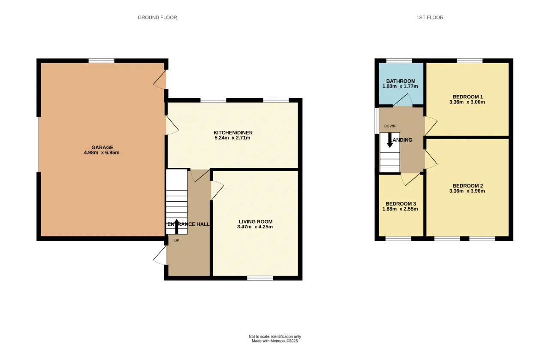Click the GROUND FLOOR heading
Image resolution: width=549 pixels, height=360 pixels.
[157, 18]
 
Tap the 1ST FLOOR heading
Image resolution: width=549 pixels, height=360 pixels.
[430, 18]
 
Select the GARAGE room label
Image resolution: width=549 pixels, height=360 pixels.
[102, 147]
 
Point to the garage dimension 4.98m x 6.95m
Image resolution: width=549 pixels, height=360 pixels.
[102, 152]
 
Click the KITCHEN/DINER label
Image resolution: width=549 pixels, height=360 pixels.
[233, 133]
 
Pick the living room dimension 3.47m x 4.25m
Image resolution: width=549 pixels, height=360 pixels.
[255, 227]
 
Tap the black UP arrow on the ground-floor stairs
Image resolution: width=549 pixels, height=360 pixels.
[176, 227]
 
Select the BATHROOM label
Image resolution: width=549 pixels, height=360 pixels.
[401, 81]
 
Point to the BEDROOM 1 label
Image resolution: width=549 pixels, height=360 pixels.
[468, 97]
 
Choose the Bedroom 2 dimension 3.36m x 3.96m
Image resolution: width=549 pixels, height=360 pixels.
[467, 191]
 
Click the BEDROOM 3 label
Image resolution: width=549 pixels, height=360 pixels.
[401, 204]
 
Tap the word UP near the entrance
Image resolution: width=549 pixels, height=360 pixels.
[177, 241]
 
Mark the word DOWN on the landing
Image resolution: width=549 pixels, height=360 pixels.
[390, 126]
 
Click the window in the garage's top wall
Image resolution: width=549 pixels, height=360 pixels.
[102, 61]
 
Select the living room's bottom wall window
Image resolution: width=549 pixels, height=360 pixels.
[260, 278]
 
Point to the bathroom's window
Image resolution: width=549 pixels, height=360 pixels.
[399, 61]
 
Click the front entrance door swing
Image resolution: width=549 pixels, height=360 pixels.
[160, 255]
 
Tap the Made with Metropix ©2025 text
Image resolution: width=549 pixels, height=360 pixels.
[275, 341]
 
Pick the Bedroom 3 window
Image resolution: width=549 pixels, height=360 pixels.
[398, 239]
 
